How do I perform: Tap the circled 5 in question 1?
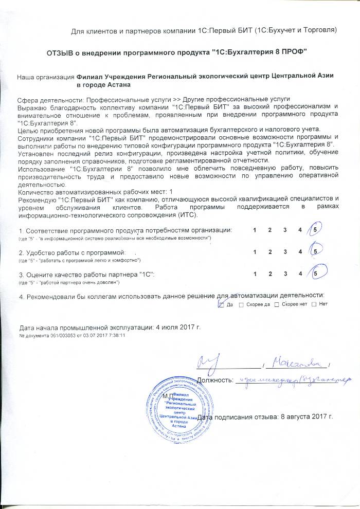[314, 230]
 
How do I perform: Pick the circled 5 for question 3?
[314, 274]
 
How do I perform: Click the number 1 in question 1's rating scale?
[254, 230]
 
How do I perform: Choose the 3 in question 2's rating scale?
[284, 252]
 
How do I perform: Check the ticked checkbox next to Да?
[221, 304]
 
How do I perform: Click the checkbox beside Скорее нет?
[277, 304]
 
